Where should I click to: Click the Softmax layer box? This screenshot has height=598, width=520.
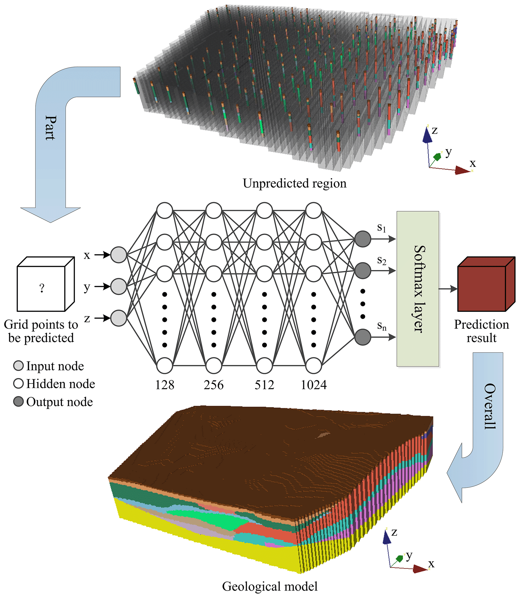[x=418, y=289]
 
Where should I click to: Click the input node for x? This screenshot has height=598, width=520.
[x=119, y=255]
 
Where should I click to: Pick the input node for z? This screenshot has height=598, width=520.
[x=119, y=318]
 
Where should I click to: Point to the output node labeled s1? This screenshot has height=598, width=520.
[x=363, y=239]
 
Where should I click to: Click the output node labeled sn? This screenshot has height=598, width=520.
[x=363, y=337]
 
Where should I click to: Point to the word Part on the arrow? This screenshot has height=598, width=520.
[x=51, y=128]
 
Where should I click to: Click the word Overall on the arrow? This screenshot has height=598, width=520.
[x=490, y=406]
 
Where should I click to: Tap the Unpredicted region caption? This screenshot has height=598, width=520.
[x=295, y=183]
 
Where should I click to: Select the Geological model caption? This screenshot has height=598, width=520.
[x=270, y=586]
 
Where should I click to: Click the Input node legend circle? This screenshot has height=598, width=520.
[x=18, y=366]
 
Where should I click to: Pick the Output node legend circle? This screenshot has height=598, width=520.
[x=18, y=402]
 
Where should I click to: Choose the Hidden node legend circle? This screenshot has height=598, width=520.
[x=18, y=383]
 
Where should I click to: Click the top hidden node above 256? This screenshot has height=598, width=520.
[x=214, y=211]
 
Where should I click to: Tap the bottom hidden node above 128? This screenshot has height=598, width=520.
[x=165, y=366]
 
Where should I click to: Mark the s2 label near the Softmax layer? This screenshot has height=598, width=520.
[x=382, y=260]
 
